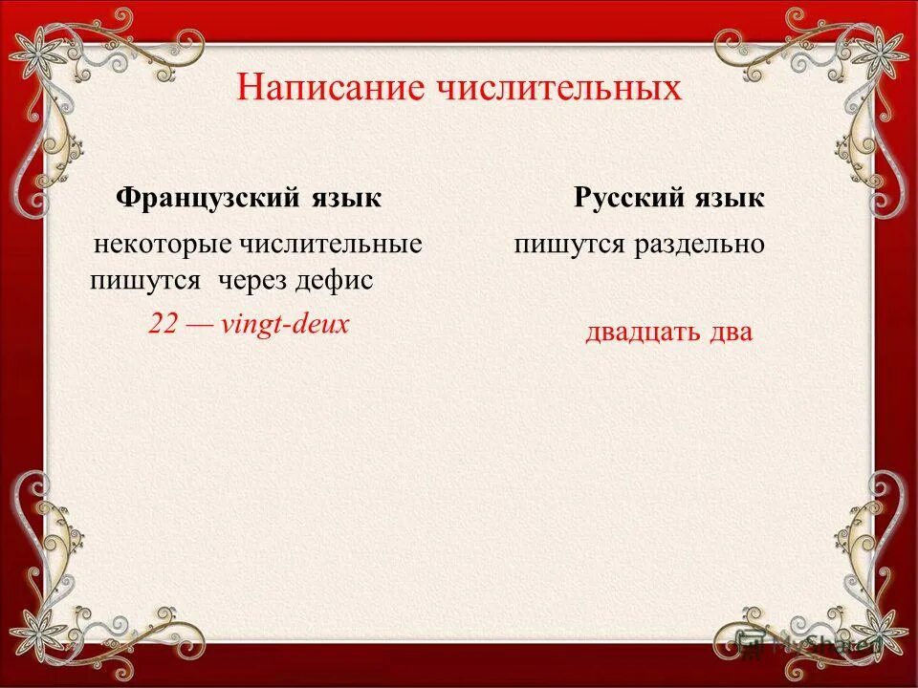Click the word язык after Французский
tap(345, 198)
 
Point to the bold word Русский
tap(630, 198)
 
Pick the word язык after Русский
tap(730, 198)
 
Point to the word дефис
tap(334, 281)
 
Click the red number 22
tap(162, 324)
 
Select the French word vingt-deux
tap(284, 324)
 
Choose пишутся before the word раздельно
tap(568, 245)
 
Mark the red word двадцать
tap(641, 333)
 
